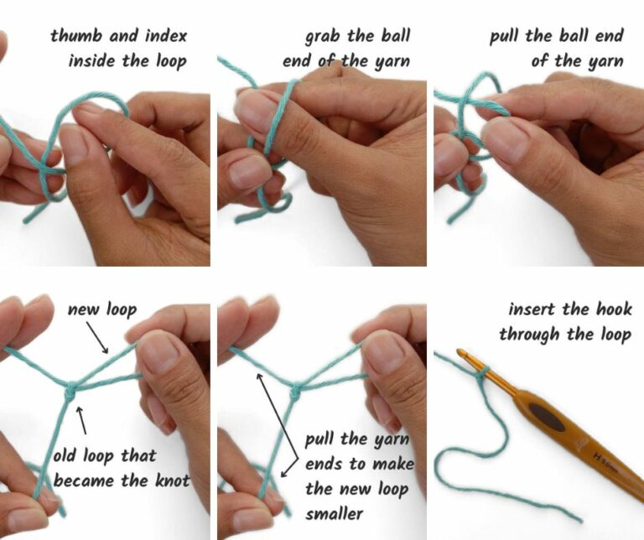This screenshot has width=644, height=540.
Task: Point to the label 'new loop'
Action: click(x=101, y=309)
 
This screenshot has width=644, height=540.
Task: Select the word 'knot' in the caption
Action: click(x=171, y=480)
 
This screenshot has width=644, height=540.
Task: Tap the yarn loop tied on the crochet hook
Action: click(x=480, y=375)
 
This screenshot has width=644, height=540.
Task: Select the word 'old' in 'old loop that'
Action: click(x=68, y=456)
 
